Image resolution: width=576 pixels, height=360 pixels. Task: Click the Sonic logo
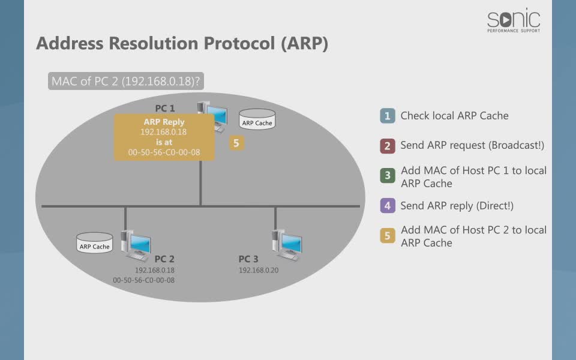click(514, 20)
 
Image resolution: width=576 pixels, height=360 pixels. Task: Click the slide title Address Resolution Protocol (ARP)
click(182, 43)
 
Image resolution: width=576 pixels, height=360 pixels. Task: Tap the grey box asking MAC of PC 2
click(125, 81)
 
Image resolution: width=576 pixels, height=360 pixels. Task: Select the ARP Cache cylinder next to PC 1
click(257, 119)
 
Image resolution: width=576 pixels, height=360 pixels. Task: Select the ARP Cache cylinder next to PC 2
click(95, 243)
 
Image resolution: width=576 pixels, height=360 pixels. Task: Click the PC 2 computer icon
click(136, 245)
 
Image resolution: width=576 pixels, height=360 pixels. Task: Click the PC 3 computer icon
click(287, 245)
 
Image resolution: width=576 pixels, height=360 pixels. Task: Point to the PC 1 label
click(165, 109)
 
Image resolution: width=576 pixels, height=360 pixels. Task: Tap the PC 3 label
click(248, 259)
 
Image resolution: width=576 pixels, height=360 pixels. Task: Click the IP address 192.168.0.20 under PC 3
click(259, 271)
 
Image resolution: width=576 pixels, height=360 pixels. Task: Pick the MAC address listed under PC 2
click(143, 280)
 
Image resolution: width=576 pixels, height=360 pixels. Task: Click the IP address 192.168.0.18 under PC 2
click(155, 271)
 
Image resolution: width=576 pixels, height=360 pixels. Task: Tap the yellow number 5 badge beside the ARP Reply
click(236, 143)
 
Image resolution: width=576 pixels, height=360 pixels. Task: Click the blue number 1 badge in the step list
click(388, 116)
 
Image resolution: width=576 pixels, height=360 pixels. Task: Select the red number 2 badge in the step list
click(388, 146)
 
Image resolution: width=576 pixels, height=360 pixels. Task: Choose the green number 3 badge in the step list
click(388, 176)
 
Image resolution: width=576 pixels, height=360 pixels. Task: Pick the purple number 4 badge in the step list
click(388, 206)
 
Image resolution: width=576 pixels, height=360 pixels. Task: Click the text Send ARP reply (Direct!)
click(457, 206)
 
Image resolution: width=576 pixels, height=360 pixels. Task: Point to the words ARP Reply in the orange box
click(164, 122)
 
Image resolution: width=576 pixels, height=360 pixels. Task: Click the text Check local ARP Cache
click(454, 116)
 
